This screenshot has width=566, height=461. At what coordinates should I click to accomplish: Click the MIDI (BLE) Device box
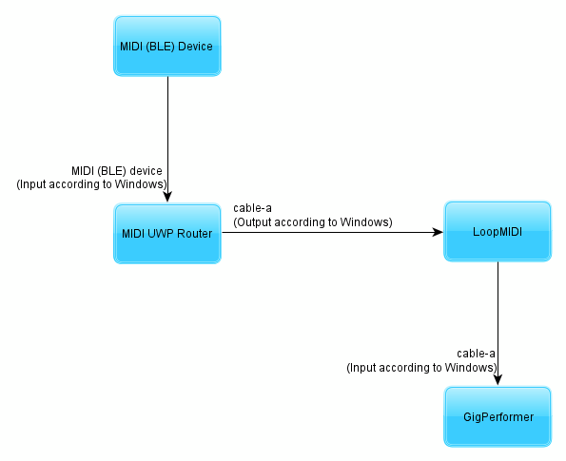(x=167, y=46)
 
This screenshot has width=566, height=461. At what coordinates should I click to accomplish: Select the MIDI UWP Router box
(x=167, y=234)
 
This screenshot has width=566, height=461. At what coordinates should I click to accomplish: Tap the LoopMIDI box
(x=498, y=231)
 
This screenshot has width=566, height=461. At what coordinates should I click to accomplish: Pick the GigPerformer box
(x=498, y=416)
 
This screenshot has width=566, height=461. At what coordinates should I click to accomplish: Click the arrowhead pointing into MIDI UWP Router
(x=167, y=197)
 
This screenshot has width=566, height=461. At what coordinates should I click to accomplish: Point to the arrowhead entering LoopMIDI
(x=438, y=232)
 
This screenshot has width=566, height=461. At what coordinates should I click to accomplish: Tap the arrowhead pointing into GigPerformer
(x=498, y=380)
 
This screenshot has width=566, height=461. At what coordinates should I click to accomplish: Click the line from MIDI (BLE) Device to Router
(x=167, y=139)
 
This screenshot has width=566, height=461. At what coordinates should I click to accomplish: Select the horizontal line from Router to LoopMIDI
(x=332, y=232)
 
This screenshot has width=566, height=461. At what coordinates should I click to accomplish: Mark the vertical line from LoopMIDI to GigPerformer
(x=498, y=323)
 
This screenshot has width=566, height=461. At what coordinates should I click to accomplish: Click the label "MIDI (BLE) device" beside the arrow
(x=117, y=171)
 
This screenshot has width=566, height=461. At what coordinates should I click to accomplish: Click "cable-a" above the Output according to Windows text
(x=252, y=208)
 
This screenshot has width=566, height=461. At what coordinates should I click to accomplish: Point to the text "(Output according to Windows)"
(x=313, y=221)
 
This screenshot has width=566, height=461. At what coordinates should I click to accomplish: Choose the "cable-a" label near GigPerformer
(x=476, y=354)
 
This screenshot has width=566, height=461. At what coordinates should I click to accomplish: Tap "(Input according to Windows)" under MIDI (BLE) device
(x=91, y=184)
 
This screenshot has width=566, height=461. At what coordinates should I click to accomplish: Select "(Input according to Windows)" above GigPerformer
(x=421, y=368)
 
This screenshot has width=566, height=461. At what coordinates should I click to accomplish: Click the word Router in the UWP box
(x=194, y=234)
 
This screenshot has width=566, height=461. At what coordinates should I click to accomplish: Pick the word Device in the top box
(x=195, y=47)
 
